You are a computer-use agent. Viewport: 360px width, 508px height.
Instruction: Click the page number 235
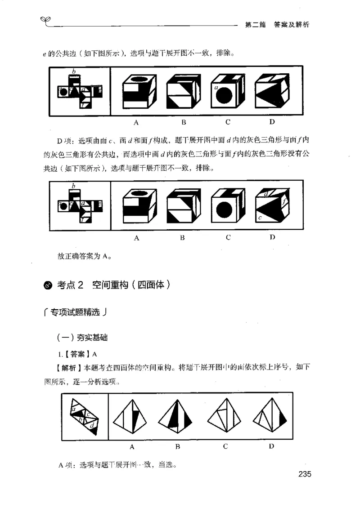(302, 474)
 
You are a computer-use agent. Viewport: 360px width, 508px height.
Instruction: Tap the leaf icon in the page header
(45, 18)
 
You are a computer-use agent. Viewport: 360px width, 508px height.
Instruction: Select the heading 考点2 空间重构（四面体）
(113, 285)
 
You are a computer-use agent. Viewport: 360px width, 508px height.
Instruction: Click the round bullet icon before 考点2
(49, 286)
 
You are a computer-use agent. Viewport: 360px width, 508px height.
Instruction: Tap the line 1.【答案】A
(77, 353)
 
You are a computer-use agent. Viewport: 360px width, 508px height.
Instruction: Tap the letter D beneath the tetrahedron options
(271, 446)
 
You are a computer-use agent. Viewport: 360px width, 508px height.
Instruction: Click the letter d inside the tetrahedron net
(92, 425)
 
